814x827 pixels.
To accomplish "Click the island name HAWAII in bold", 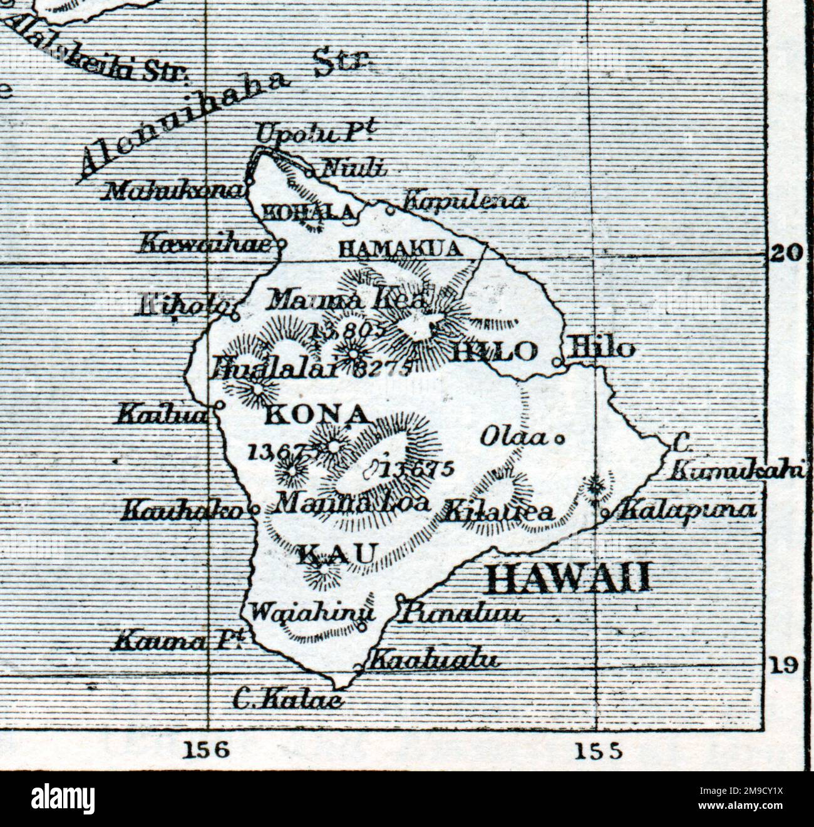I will click(x=568, y=578).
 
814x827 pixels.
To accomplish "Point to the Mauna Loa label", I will click(x=352, y=502).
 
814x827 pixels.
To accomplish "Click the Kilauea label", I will click(x=499, y=512).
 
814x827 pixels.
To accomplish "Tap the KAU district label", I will click(x=337, y=554).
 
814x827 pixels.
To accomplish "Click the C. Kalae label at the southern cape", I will click(x=287, y=699).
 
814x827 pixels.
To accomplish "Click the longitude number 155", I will click(x=598, y=749).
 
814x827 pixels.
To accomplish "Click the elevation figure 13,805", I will click(x=346, y=329).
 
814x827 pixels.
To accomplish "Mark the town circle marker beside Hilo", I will click(x=557, y=361).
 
